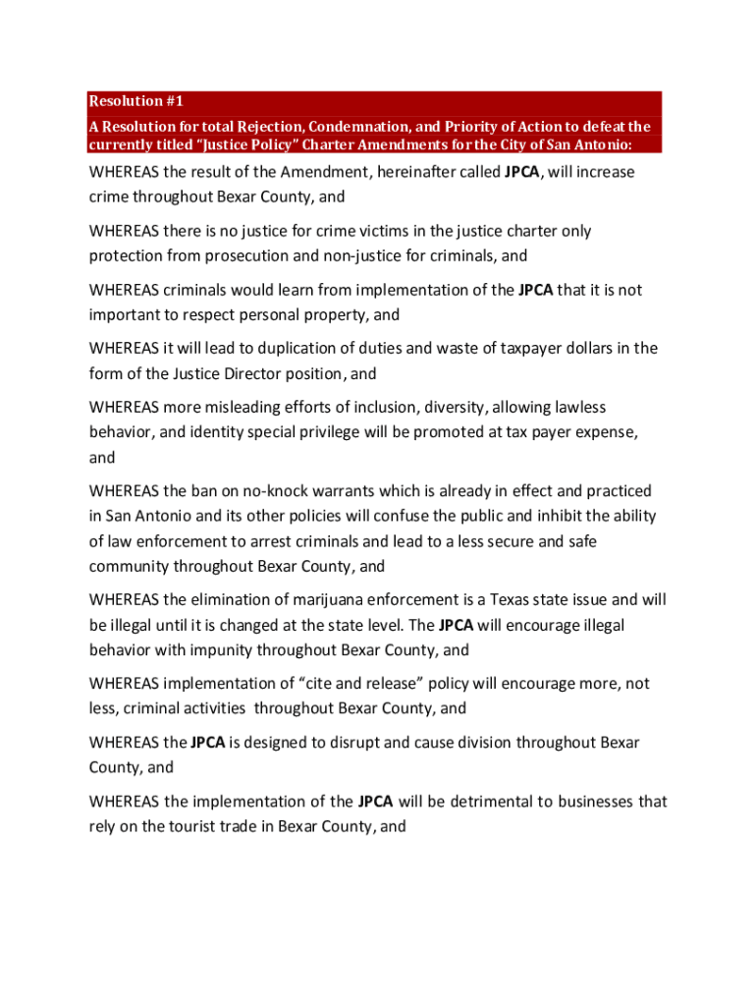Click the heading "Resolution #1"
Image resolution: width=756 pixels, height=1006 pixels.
click(x=136, y=101)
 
